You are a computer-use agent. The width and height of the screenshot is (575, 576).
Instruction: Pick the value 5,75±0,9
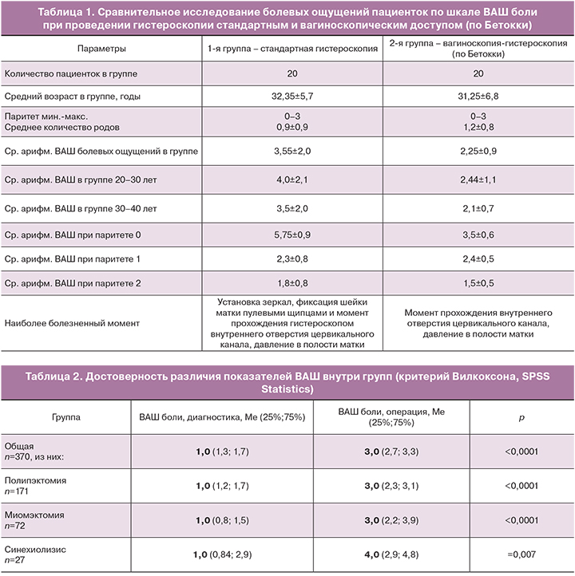(x=292, y=236)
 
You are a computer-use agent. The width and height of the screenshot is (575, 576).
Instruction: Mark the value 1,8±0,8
(x=292, y=282)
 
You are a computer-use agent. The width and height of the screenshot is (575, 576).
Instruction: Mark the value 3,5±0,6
(x=478, y=236)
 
